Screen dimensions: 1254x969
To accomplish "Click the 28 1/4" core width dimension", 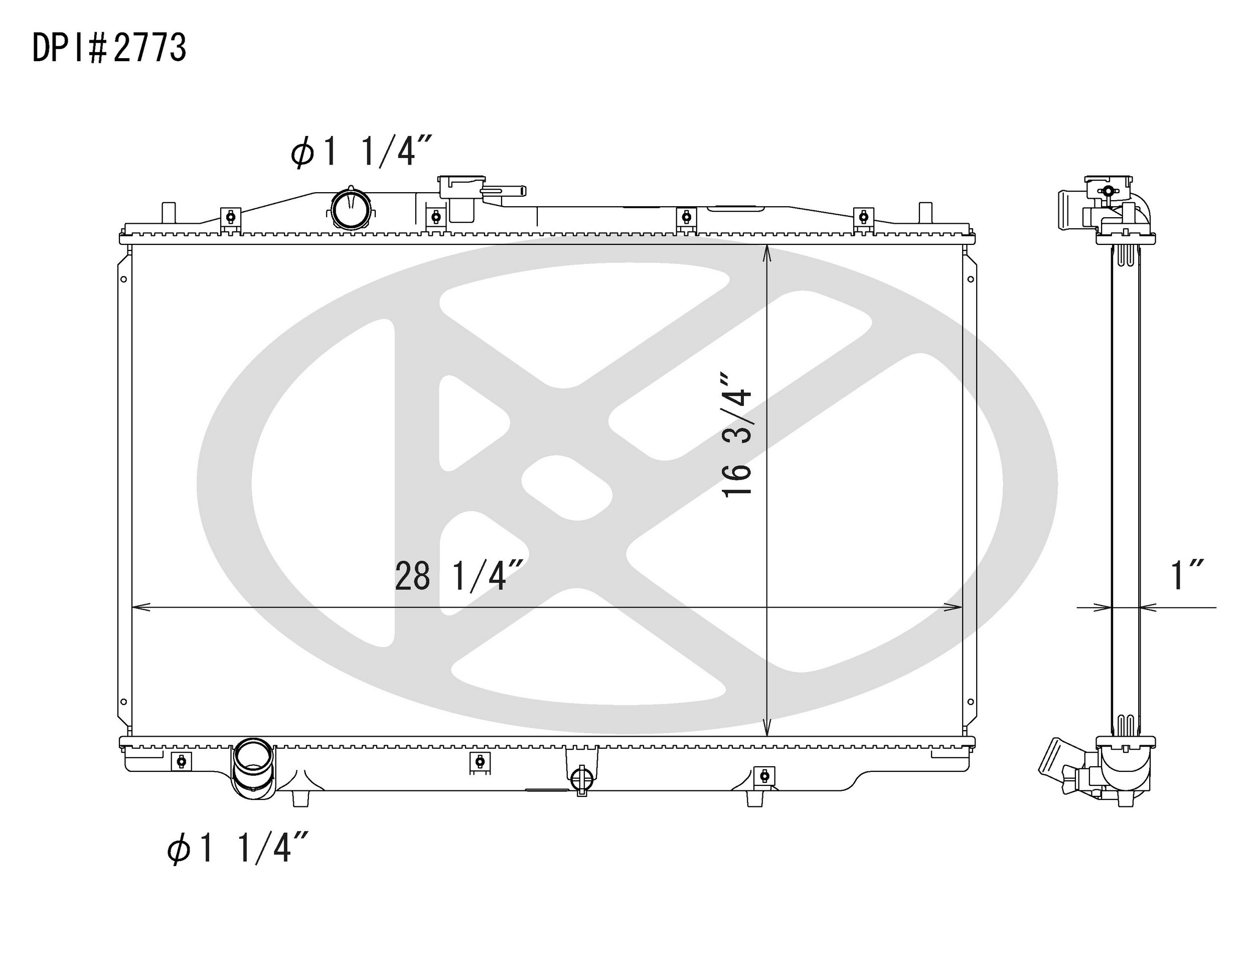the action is pos(459,576).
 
